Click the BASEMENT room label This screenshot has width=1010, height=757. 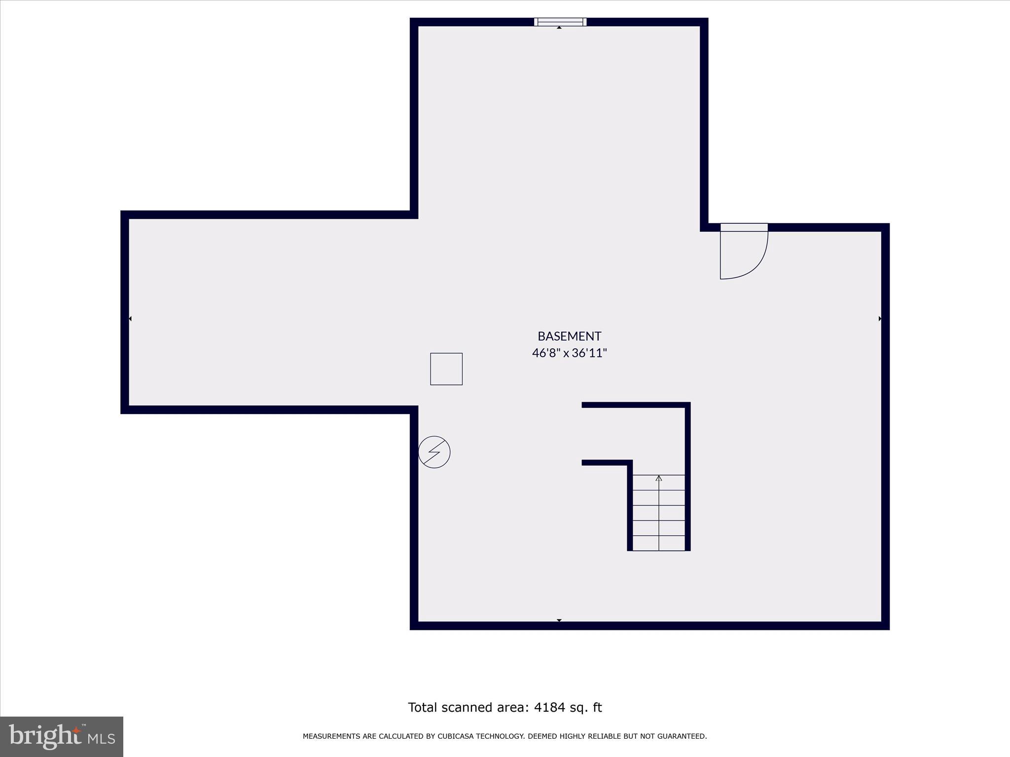[x=569, y=336]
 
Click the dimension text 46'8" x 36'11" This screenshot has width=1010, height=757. [x=569, y=353]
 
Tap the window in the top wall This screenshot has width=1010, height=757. [x=560, y=22]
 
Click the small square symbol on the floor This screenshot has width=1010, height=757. [x=446, y=369]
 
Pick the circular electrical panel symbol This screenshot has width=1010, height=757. [x=434, y=452]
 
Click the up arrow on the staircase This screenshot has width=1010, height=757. [x=659, y=478]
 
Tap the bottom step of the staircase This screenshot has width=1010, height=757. [x=659, y=543]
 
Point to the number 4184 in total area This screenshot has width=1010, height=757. [x=549, y=707]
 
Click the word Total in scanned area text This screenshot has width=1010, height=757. [x=423, y=707]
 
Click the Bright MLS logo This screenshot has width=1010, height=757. [x=61, y=736]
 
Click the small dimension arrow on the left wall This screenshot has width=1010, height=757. [x=130, y=319]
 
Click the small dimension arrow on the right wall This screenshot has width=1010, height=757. [x=880, y=319]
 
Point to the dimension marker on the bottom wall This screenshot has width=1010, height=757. [x=559, y=620]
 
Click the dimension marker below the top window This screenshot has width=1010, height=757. [x=559, y=28]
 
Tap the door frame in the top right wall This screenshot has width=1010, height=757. [x=744, y=227]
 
